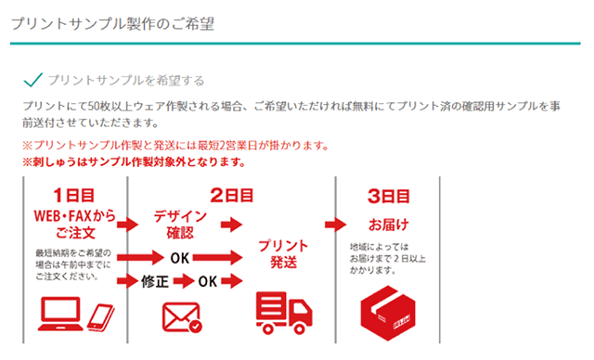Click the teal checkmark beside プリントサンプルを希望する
click(33, 80)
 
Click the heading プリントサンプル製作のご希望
click(113, 23)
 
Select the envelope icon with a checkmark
click(181, 315)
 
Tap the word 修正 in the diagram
click(154, 280)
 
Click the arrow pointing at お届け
click(334, 224)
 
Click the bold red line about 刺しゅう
click(135, 161)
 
